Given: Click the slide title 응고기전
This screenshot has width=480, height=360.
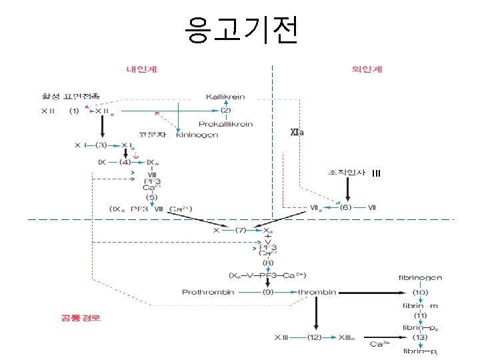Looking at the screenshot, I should click(241, 29).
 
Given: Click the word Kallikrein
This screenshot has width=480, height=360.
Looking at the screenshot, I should click(225, 97).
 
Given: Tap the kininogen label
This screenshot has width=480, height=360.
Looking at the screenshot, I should click(197, 135).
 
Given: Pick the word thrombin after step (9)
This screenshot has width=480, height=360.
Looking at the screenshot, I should click(317, 292).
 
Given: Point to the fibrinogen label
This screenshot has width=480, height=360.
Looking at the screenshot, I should click(420, 277).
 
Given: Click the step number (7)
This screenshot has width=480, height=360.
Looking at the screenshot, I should click(241, 229).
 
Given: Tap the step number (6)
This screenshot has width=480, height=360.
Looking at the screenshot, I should click(345, 207).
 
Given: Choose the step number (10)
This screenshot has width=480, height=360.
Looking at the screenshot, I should click(420, 291).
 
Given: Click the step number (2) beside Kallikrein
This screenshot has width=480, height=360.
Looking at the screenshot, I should click(225, 110).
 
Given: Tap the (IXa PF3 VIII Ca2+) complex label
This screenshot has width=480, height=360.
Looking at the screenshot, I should click(151, 210).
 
